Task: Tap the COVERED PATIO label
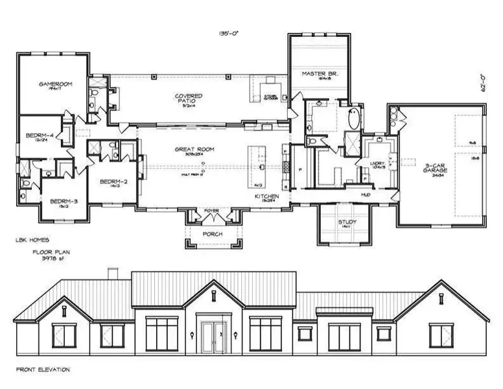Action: pos(189,98)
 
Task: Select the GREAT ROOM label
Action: pos(194,150)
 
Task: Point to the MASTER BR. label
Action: pos(317,74)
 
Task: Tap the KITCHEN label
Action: pos(266,195)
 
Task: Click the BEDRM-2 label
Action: pos(113,182)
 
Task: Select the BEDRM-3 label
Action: pos(64,202)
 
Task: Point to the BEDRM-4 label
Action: pos(39,136)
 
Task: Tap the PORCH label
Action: pos(213,233)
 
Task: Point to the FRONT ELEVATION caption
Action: pos(42,370)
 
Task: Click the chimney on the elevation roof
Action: pos(112,273)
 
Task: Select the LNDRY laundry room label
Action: pos(377,163)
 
